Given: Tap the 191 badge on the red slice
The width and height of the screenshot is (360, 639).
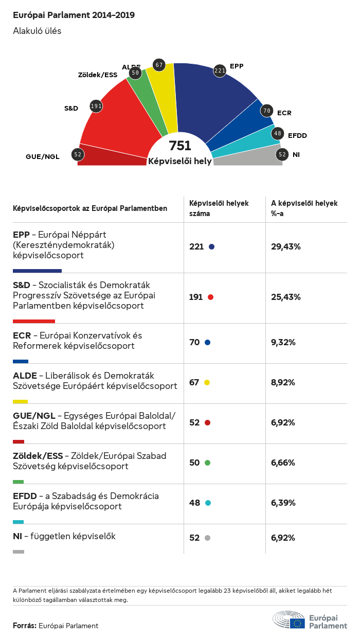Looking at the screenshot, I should (x=96, y=106).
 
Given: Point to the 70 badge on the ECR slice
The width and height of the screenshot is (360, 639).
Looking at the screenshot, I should (x=266, y=111).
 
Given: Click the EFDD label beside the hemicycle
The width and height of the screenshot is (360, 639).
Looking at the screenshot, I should (x=297, y=136).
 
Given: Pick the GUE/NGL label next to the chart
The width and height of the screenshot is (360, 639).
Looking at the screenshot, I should (x=43, y=156).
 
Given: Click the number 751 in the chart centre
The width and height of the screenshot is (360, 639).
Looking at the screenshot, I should (x=180, y=146).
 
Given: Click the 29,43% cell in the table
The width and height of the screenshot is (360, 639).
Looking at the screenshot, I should (x=285, y=247).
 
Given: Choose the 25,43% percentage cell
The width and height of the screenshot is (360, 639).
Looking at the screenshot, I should (x=285, y=297).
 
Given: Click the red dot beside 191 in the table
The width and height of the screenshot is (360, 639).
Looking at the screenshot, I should (x=210, y=297).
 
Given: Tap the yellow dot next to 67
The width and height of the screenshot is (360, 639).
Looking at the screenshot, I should (x=207, y=383).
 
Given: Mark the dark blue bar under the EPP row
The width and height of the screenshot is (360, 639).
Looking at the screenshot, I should (x=37, y=271).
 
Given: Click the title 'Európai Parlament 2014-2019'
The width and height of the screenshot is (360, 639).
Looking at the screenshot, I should (x=74, y=15).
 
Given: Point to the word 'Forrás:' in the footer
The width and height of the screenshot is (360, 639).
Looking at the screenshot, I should (x=25, y=626).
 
